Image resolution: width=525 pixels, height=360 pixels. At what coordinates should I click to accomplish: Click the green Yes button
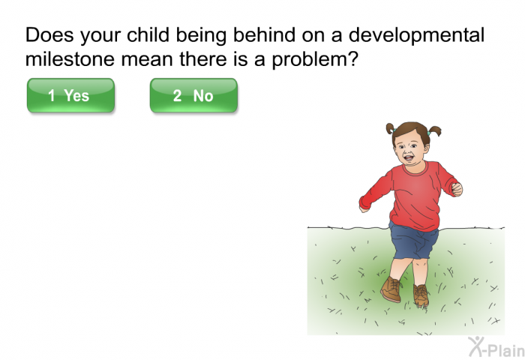click(70, 95)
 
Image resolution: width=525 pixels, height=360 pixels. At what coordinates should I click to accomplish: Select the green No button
click(193, 95)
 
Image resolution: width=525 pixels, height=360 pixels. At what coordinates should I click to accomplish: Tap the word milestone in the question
click(70, 59)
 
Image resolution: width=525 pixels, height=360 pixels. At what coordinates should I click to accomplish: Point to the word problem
click(315, 60)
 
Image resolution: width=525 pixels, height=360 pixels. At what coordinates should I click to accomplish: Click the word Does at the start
click(49, 34)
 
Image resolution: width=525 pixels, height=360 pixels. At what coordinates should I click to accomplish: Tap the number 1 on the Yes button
click(51, 95)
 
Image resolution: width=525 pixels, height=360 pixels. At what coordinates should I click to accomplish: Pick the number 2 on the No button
click(177, 95)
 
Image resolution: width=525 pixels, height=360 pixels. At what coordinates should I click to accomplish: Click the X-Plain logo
click(496, 347)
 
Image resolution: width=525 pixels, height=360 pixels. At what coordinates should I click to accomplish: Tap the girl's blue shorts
click(414, 241)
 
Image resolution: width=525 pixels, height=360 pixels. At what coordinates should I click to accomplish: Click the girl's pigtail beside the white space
click(390, 128)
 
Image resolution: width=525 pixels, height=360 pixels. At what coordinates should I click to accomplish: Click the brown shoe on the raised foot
click(391, 289)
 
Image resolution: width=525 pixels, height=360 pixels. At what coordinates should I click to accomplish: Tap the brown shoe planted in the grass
click(421, 295)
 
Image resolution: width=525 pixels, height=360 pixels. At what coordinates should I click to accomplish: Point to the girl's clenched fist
click(457, 189)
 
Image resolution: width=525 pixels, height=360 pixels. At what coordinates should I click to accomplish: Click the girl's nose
click(406, 150)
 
